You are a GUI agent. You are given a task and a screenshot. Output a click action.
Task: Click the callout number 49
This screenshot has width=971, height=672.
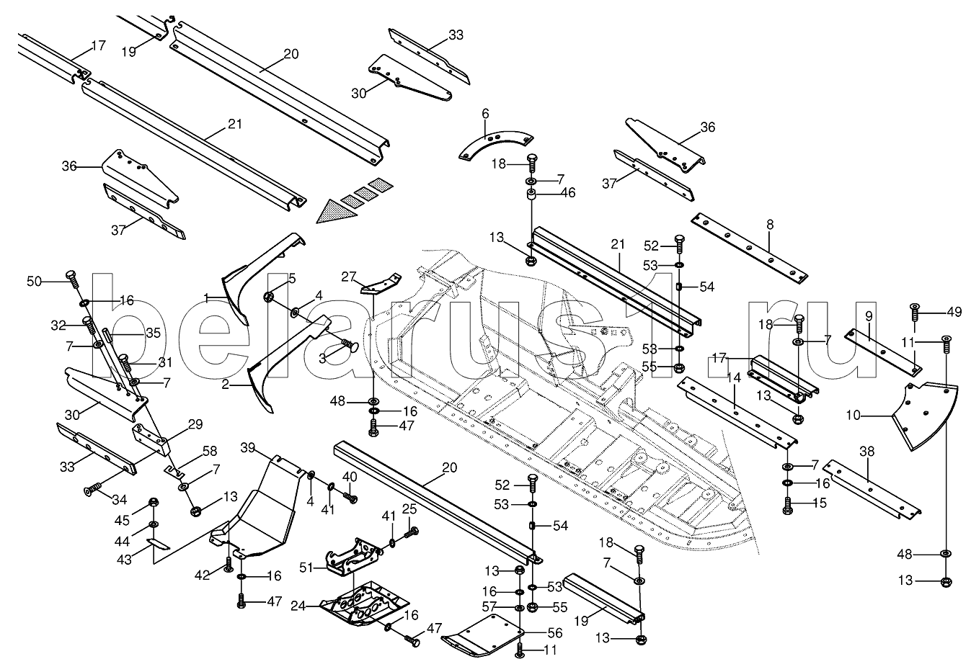pyautogui.click(x=954, y=312)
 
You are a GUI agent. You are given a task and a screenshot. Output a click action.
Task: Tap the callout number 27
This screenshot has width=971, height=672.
pyautogui.click(x=349, y=276)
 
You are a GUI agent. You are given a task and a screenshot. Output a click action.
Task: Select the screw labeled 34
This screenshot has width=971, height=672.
pyautogui.click(x=92, y=491)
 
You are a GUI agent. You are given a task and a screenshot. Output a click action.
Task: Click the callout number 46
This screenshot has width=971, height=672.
pyautogui.click(x=568, y=192)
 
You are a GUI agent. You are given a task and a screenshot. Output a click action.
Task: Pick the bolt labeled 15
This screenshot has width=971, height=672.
pyautogui.click(x=787, y=504)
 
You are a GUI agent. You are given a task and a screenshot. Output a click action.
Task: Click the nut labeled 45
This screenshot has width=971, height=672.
pyautogui.click(x=153, y=501)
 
